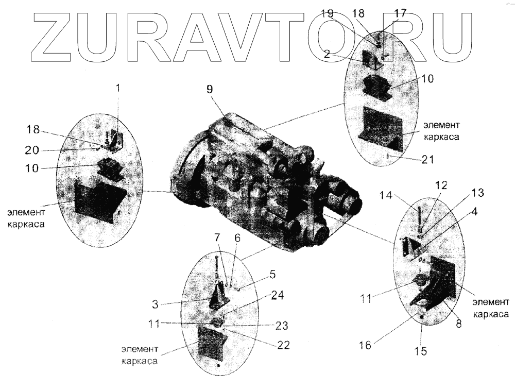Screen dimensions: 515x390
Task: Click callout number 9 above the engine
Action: [210, 88]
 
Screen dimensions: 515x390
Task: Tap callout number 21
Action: [427, 159]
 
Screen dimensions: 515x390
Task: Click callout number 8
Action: [458, 324]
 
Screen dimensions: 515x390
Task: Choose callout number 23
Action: [281, 325]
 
